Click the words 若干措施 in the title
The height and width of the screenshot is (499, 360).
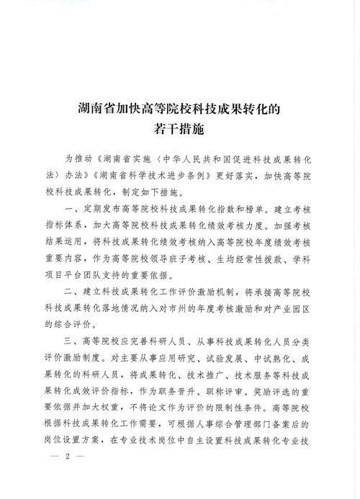click(x=179, y=130)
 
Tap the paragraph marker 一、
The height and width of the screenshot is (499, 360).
click(x=76, y=214)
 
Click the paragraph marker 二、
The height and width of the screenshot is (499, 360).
click(x=76, y=291)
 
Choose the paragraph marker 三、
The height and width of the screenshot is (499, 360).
click(x=76, y=341)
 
